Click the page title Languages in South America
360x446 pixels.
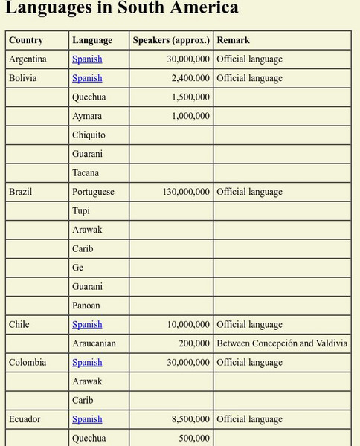(x=122, y=9)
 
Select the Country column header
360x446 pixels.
(x=26, y=40)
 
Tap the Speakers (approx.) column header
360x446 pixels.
(x=171, y=40)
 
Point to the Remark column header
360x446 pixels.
(x=234, y=40)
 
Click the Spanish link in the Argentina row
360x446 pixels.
(x=87, y=59)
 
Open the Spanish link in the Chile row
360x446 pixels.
(x=87, y=325)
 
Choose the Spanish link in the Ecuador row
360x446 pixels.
(x=87, y=419)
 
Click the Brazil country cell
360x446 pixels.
(x=21, y=192)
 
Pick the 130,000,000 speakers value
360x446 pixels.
(x=185, y=192)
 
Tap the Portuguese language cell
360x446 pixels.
(x=93, y=192)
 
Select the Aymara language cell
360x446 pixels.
(x=87, y=116)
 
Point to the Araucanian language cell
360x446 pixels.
(x=94, y=343)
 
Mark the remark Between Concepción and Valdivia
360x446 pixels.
(x=282, y=343)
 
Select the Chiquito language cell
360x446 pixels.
(x=89, y=135)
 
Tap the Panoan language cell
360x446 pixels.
(x=86, y=306)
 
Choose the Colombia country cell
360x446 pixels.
(x=28, y=363)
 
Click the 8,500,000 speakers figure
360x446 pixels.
(x=190, y=419)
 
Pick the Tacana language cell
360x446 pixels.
(x=86, y=172)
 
